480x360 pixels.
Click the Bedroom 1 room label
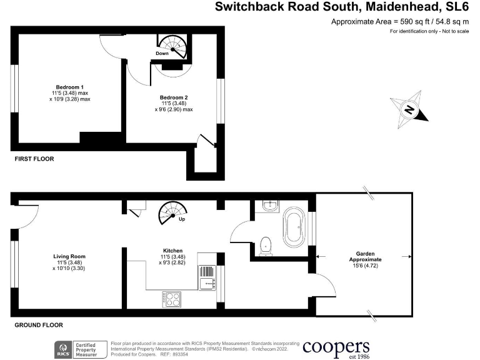pos(69,86)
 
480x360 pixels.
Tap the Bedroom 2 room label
pos(174,97)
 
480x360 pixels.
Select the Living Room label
pos(69,256)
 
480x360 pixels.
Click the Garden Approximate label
pos(366,255)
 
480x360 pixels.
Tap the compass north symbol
pos(409,110)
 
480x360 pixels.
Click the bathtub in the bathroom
pos(294,229)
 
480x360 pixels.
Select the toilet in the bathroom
pos(266,244)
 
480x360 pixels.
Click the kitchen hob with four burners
pos(172,299)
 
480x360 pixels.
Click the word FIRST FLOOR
pos(34,159)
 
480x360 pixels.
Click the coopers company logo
pos(336,347)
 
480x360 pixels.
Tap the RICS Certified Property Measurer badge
pos(78,349)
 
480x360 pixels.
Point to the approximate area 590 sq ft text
pos(400,22)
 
